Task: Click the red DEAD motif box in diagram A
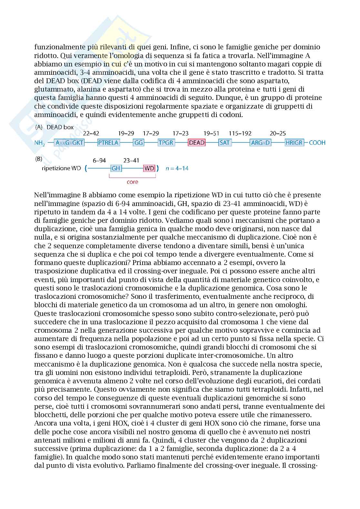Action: pos(196,142)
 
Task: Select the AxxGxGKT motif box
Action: pos(69,142)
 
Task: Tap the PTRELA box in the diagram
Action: pos(108,142)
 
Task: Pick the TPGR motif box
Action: pos(166,142)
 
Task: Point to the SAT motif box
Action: pos(224,142)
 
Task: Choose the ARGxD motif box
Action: pos(260,142)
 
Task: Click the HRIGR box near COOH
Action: pos(295,142)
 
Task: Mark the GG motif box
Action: pos(139,142)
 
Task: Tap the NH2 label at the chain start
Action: pos(40,143)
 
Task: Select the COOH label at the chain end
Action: pos(317,142)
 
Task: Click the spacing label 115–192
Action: pos(240,133)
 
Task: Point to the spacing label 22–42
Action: pos(91,133)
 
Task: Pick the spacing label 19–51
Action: pos(211,133)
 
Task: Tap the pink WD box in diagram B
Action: pos(149,168)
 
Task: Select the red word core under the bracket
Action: pos(132,182)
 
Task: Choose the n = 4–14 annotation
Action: pos(176,168)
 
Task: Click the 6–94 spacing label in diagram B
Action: pos(99,160)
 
